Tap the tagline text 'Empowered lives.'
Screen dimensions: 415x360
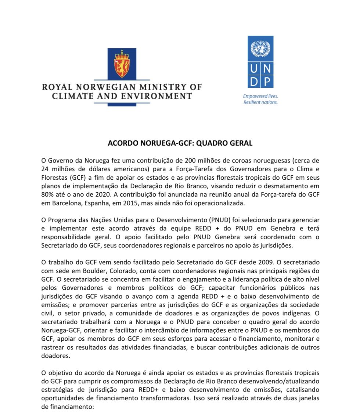pyautogui.click(x=260, y=96)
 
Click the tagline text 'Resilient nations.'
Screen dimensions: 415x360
pyautogui.click(x=260, y=102)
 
